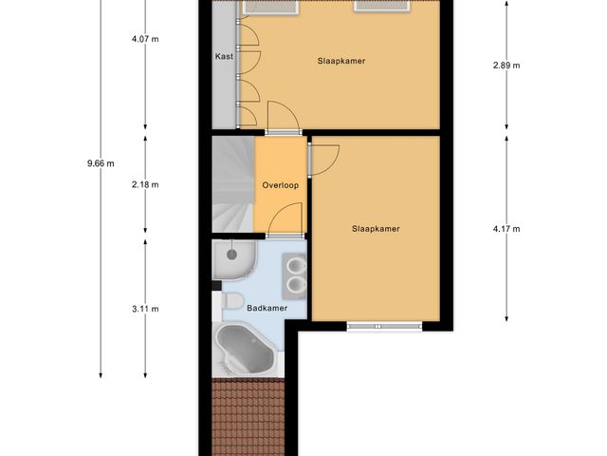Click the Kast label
pos(224,57)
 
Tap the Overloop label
pos(281,185)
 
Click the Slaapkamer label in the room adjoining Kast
pos(341,61)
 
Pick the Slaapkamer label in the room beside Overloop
pos(376,228)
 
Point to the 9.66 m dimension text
pos(100,162)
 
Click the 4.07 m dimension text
pos(145,40)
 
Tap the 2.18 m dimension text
pos(145,184)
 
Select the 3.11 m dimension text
pos(145,309)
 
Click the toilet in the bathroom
pos(230,302)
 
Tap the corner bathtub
pos(246,350)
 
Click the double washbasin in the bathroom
pos(296,275)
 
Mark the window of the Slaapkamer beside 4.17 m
pos(383,327)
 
